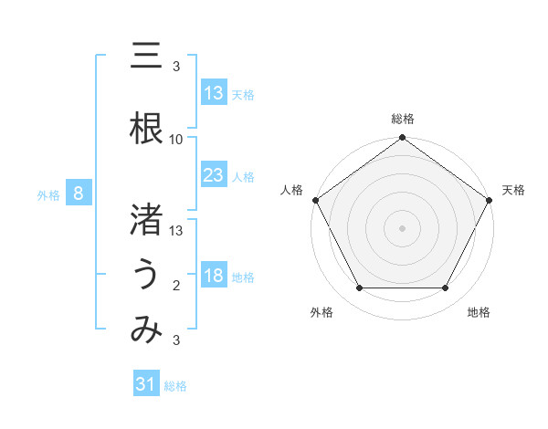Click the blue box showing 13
click(x=214, y=93)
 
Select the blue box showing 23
click(x=214, y=175)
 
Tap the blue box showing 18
click(x=214, y=276)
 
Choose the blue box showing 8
click(x=79, y=194)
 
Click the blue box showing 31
click(x=146, y=384)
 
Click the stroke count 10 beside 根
click(x=176, y=140)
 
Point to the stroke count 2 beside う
click(x=176, y=286)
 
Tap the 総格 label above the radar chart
click(x=402, y=119)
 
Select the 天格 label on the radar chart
click(x=514, y=190)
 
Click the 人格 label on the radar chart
click(x=292, y=190)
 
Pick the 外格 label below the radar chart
click(x=321, y=312)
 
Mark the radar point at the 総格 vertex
click(x=402, y=139)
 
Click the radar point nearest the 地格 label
click(x=446, y=288)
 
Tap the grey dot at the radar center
click(x=402, y=227)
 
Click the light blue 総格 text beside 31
click(x=175, y=386)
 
